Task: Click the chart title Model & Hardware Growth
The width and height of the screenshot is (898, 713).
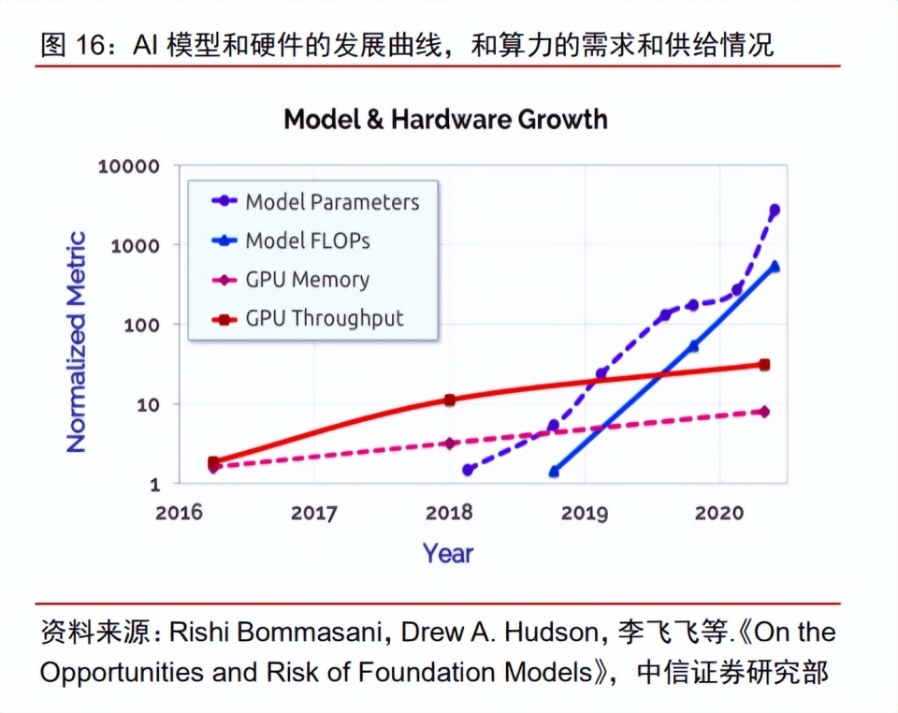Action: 445,119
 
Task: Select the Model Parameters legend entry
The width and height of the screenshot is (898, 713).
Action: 315,201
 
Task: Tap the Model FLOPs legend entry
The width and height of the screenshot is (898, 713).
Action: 291,240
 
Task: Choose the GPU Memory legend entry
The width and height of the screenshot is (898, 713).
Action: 290,280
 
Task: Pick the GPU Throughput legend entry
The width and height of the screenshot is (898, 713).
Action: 308,318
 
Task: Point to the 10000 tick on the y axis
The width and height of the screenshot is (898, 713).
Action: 129,167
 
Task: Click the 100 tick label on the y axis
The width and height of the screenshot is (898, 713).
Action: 141,326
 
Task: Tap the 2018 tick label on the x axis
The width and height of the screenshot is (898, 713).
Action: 449,512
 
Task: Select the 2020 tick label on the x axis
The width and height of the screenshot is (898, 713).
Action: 719,512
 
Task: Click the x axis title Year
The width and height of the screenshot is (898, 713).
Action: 448,553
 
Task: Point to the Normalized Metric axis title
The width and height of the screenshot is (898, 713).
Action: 76,342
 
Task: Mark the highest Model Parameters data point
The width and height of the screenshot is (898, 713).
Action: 775,211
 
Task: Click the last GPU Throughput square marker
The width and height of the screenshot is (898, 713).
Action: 764,365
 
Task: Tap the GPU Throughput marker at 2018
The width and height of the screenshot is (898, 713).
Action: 450,400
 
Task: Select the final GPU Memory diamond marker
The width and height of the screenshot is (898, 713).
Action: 764,411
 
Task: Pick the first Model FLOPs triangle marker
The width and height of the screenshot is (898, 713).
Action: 555,472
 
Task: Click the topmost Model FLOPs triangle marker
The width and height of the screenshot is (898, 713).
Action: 775,267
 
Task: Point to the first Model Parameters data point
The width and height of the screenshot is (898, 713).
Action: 468,470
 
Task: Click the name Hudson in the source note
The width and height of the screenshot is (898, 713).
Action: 552,633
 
